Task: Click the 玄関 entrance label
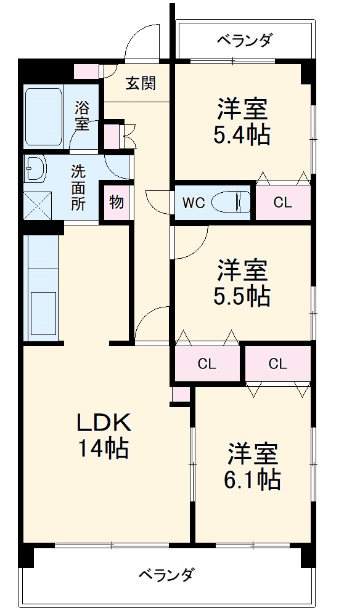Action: click(x=141, y=83)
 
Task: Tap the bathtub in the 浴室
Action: click(x=44, y=116)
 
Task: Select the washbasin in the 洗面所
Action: click(x=35, y=168)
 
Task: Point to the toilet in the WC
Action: click(x=231, y=203)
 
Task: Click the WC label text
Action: click(x=194, y=203)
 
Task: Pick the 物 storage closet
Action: click(x=117, y=202)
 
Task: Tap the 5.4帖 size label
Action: click(x=241, y=136)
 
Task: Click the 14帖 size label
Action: click(x=104, y=448)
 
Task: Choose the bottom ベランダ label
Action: click(x=166, y=575)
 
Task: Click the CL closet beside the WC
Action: click(x=283, y=203)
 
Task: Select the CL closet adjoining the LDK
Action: click(x=207, y=364)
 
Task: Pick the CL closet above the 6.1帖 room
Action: click(x=278, y=364)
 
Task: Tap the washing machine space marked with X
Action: click(x=37, y=206)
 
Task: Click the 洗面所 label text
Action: click(x=78, y=188)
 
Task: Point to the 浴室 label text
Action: click(x=82, y=116)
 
